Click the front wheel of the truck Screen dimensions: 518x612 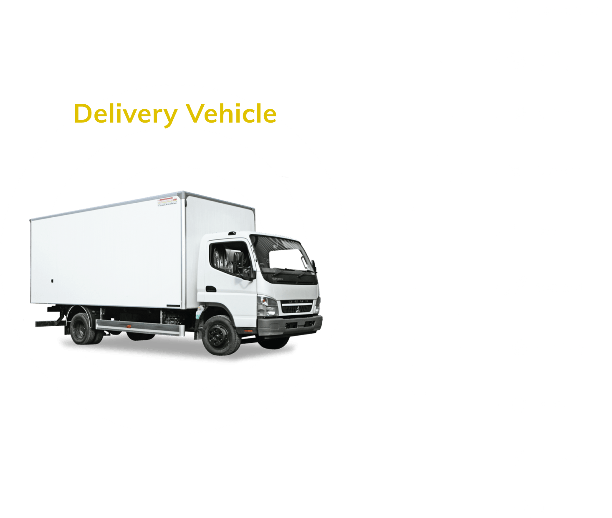pyautogui.click(x=220, y=334)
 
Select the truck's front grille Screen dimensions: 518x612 pyautogui.click(x=297, y=308)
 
